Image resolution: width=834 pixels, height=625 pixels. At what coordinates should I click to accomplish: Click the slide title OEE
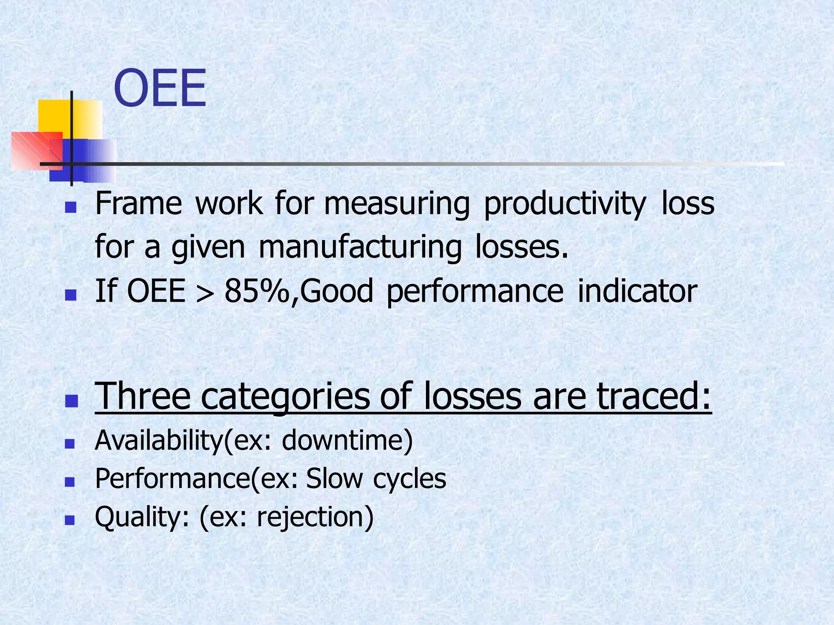pos(160,89)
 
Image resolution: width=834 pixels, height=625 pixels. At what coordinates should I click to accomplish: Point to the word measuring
pos(397,204)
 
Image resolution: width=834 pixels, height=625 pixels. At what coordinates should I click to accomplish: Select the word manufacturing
pos(360,247)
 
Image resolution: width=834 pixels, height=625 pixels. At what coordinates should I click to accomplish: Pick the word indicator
pos(637,291)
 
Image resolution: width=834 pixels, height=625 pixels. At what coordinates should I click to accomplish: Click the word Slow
pos(334,479)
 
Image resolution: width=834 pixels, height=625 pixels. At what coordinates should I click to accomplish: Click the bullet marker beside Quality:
pos(70,520)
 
